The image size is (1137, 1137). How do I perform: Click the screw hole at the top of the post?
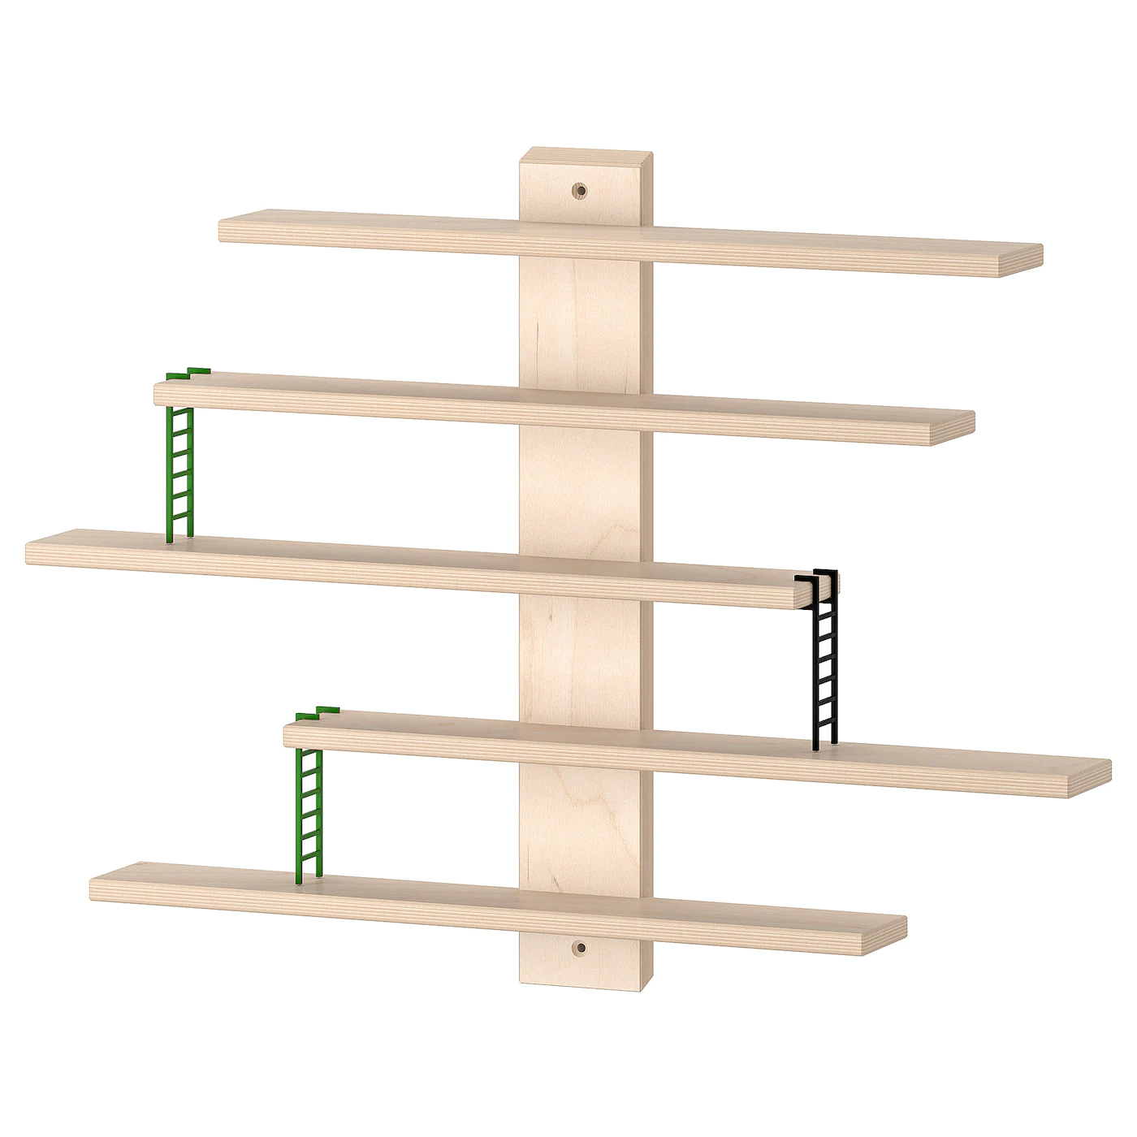click(x=579, y=191)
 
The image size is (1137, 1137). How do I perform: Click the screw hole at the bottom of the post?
click(x=579, y=947)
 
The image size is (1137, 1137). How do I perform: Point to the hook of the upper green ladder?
click(x=188, y=374)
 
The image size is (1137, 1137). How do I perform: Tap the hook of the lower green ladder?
click(x=318, y=712)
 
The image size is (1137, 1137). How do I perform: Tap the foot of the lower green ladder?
click(x=309, y=875)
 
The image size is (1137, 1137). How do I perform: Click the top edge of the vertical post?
click(x=586, y=153)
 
